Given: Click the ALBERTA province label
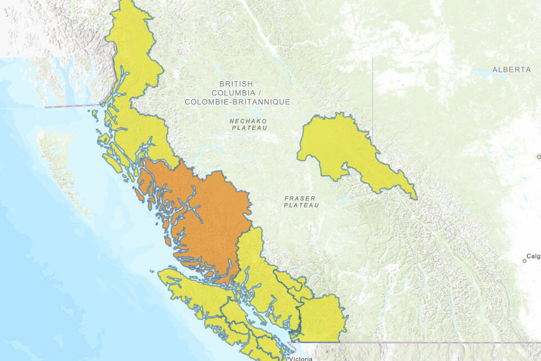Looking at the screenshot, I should pos(511,70).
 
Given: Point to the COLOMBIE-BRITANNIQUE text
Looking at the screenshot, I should pos(237,102).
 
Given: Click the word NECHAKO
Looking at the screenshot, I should pos(248,121).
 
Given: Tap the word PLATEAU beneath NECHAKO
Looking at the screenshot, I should pos(249,128).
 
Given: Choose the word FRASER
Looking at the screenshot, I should pos(300,198).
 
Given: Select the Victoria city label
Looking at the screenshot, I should pos(301,358).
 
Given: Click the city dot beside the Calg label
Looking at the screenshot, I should pos(524,260).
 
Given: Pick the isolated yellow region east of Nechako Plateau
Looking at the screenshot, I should pos(332,143).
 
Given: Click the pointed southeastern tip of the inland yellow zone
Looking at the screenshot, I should pos(415,197).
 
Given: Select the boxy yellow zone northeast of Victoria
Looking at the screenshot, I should pos(321,318).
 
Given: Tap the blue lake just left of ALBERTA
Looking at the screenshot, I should pos(481,73).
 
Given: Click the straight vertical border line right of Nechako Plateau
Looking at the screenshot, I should pos(372,84).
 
